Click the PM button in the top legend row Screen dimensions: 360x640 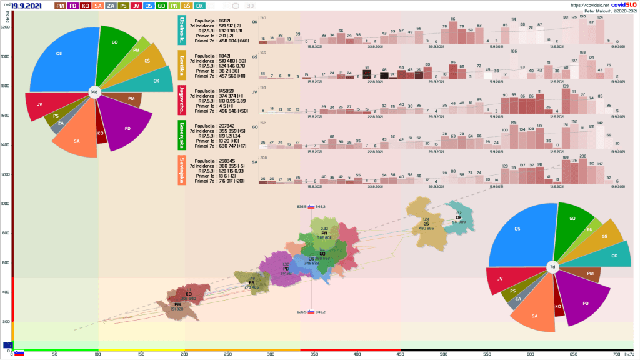tap(61, 6)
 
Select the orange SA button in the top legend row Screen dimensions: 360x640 tap(99, 6)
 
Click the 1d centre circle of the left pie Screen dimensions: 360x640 tap(94, 92)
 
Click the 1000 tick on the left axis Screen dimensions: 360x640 tap(6, 204)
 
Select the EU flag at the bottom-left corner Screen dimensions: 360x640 tap(7, 345)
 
